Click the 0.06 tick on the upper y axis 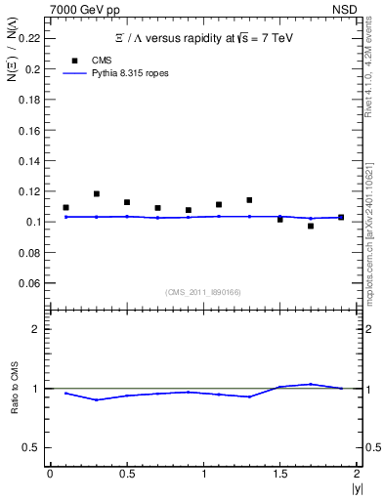[x=30, y=283]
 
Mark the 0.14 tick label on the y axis [x=30, y=160]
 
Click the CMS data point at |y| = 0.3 [x=96, y=194]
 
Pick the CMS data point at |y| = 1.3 [x=249, y=200]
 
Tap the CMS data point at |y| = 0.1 [x=65, y=207]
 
